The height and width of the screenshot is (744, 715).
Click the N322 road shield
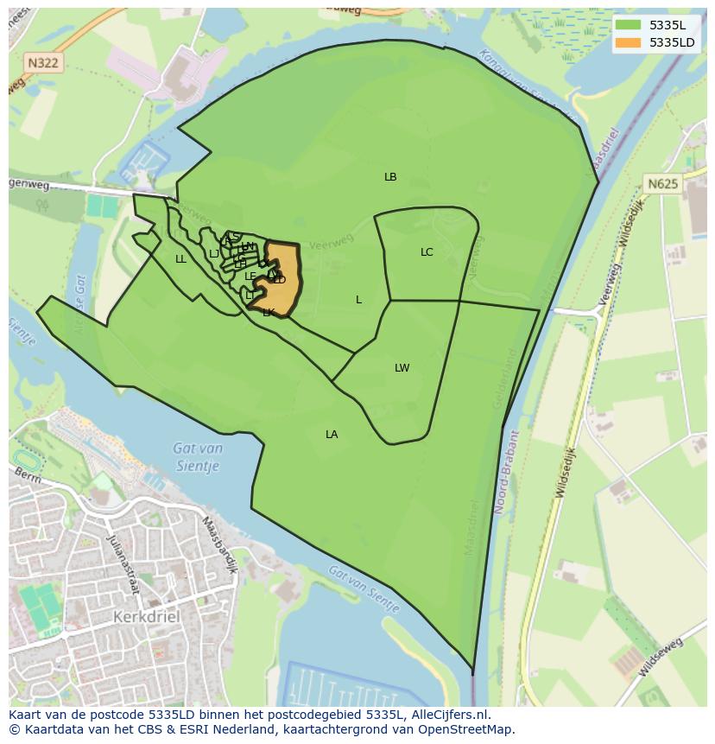(x=42, y=63)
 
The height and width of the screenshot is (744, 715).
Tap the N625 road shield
(x=662, y=183)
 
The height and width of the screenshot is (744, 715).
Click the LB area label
(x=390, y=177)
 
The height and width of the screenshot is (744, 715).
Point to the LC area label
(x=427, y=252)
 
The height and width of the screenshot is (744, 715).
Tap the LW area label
(x=402, y=368)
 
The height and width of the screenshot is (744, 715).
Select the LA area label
(x=332, y=435)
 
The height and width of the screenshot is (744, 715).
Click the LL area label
(x=180, y=259)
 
